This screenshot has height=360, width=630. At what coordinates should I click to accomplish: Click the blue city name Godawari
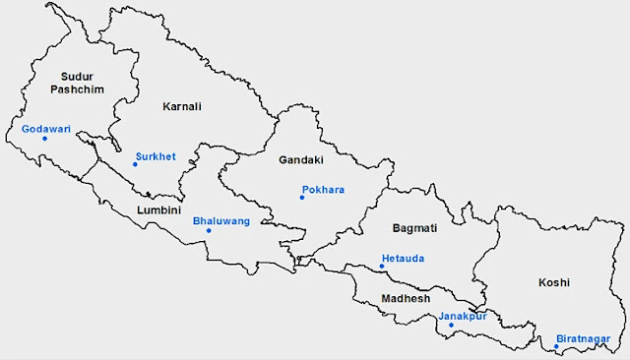tap(44, 128)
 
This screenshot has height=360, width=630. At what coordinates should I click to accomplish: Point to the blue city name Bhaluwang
tap(221, 221)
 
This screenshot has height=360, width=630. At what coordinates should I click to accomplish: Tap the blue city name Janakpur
tap(463, 316)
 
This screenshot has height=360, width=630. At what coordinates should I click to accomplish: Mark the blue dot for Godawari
tap(44, 139)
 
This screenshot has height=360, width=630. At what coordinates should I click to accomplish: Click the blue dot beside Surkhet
tap(135, 164)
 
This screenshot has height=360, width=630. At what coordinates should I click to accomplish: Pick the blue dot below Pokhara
tap(302, 199)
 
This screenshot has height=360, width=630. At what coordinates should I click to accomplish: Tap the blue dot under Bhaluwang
tap(209, 231)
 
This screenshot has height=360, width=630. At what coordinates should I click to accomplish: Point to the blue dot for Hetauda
tap(382, 267)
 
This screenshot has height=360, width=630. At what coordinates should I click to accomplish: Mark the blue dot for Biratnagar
tap(555, 344)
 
